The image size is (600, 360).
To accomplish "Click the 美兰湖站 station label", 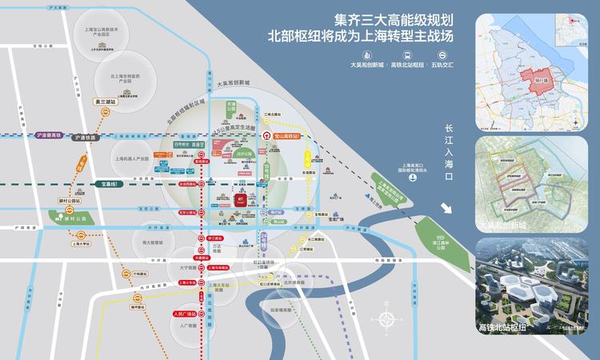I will point(105,102).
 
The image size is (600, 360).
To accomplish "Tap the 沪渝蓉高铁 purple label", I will point(52,136).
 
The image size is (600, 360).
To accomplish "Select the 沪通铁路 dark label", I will point(84,138).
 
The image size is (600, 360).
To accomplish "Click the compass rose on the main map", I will point(387,320).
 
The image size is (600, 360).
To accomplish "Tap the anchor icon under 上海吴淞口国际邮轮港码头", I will point(412,178).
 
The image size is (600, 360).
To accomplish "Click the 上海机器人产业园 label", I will point(131,159).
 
